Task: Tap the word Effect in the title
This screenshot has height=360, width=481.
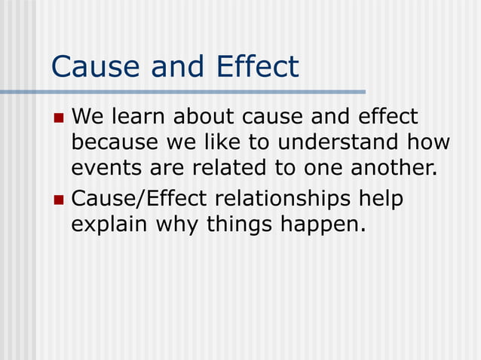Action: pyautogui.click(x=257, y=66)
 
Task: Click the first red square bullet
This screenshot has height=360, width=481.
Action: pyautogui.click(x=60, y=118)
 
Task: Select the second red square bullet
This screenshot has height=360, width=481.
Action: pyautogui.click(x=60, y=200)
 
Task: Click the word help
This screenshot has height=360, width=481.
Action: pyautogui.click(x=381, y=200)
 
